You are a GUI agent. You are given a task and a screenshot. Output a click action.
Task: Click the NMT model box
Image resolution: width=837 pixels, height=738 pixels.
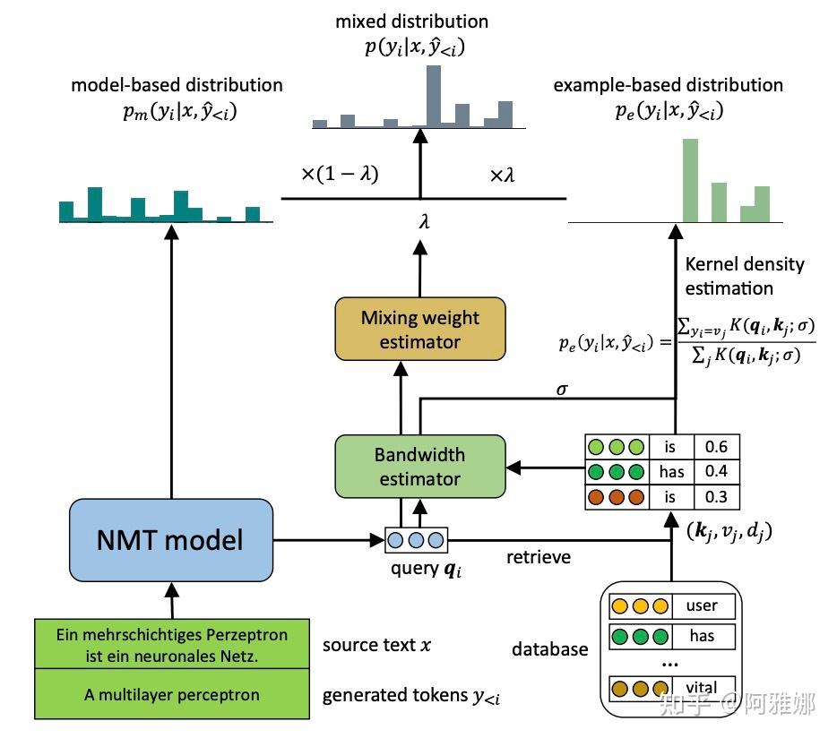pyautogui.click(x=170, y=540)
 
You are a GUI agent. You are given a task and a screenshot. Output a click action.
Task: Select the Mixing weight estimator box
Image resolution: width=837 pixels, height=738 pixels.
pyautogui.click(x=419, y=330)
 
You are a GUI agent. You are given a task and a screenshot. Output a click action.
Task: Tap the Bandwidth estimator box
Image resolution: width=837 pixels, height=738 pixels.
pyautogui.click(x=419, y=467)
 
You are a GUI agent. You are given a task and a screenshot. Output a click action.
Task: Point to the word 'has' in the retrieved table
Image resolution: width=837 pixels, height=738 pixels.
pyautogui.click(x=671, y=472)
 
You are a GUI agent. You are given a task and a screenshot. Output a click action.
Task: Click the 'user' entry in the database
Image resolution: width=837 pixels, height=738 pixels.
pyautogui.click(x=702, y=605)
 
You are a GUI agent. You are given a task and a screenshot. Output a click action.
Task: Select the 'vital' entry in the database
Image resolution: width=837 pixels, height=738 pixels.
pyautogui.click(x=702, y=689)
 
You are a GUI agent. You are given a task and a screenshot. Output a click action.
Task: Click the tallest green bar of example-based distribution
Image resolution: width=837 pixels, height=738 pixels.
pyautogui.click(x=689, y=180)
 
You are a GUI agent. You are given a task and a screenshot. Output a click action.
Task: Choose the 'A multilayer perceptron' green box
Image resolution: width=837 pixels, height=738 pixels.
pyautogui.click(x=171, y=694)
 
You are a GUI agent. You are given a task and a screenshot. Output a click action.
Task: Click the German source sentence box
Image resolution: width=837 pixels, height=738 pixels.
pyautogui.click(x=171, y=645)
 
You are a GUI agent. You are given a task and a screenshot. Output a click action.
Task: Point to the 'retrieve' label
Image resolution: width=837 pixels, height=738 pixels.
pyautogui.click(x=538, y=557)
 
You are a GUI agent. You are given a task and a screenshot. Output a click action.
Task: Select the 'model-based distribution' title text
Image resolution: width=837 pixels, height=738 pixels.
pyautogui.click(x=177, y=85)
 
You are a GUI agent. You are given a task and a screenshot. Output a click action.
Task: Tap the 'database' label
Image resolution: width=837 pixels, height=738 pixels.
pyautogui.click(x=549, y=648)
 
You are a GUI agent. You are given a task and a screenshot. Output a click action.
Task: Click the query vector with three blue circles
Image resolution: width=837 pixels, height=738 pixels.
pyautogui.click(x=416, y=540)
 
